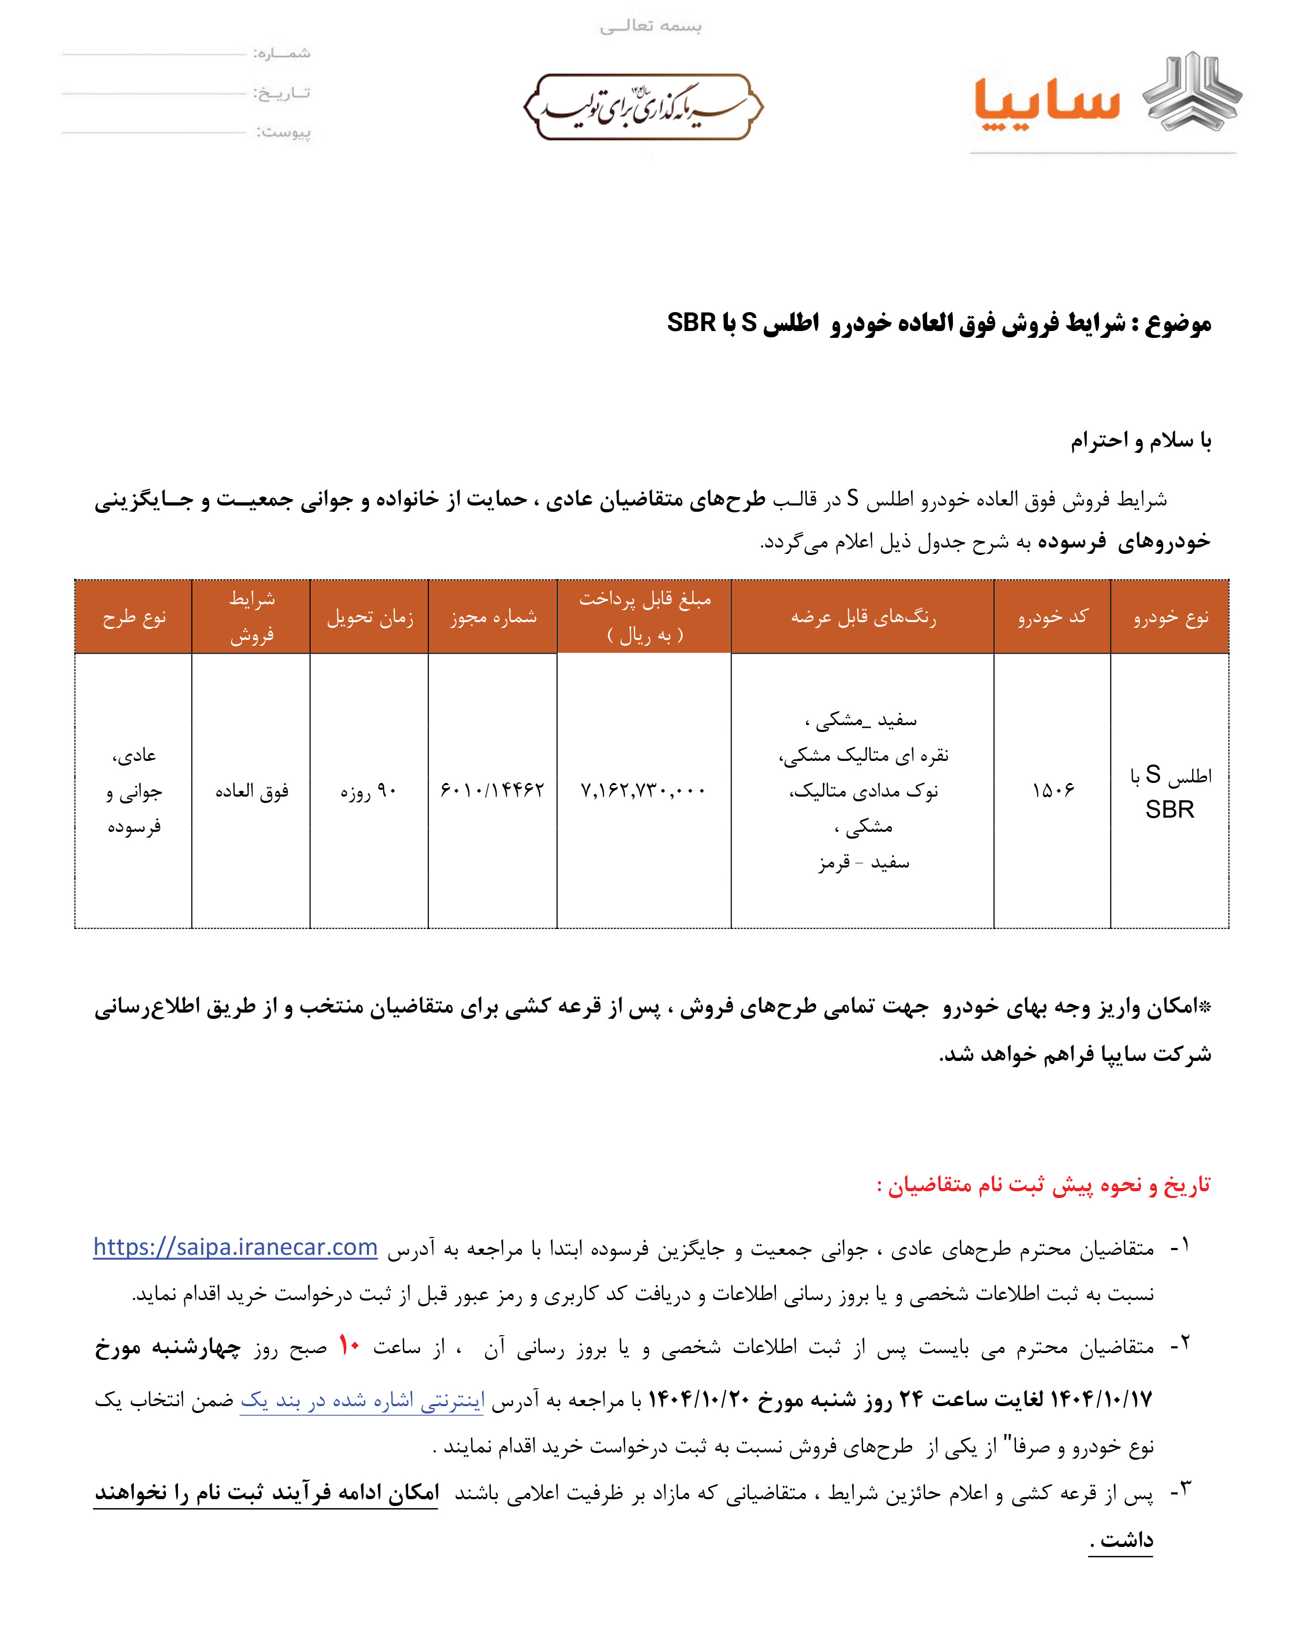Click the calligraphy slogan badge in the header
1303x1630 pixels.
[x=643, y=107]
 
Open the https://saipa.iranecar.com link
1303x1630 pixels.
[x=235, y=1247]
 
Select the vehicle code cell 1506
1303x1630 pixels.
[x=1052, y=791]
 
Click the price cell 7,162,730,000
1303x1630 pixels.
[x=643, y=791]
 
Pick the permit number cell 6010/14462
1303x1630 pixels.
[x=493, y=791]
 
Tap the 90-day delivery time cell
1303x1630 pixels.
[x=368, y=791]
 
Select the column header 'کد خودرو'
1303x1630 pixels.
[x=1052, y=617]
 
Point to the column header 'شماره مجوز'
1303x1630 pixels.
[x=493, y=617]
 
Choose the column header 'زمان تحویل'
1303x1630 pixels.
[x=369, y=617]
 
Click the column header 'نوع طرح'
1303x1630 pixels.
[x=134, y=617]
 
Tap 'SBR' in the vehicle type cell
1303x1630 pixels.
[x=1169, y=810]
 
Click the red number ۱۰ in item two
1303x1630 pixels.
[x=348, y=1346]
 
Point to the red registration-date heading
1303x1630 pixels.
[x=1044, y=1185]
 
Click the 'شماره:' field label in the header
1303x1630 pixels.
[x=281, y=53]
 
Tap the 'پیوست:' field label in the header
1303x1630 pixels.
[x=284, y=132]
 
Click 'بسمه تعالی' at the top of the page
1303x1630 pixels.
[x=650, y=26]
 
